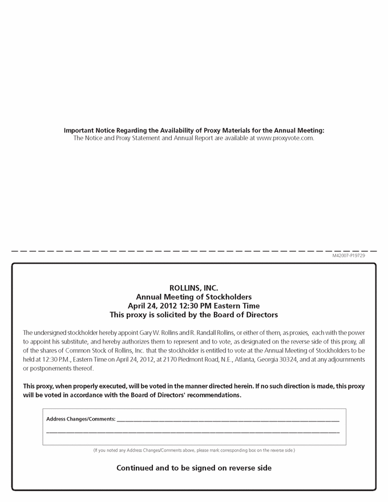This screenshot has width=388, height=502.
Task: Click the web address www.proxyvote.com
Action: [285, 138]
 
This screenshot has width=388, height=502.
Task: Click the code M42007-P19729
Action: [349, 256]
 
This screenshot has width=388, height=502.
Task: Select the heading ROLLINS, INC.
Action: [194, 288]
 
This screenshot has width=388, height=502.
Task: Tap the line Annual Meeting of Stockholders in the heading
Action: [194, 297]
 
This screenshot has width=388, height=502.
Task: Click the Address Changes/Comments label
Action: [80, 419]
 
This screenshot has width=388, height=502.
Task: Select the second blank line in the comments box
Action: [193, 432]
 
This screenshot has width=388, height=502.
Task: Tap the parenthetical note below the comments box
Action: [194, 451]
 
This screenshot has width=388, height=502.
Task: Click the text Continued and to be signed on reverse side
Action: [194, 468]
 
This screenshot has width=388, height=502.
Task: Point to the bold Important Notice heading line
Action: [194, 130]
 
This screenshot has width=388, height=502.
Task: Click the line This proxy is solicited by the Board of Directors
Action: [194, 315]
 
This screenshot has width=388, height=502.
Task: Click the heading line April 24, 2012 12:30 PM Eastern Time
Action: [194, 306]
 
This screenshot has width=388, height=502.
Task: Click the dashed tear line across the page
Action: [194, 251]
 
